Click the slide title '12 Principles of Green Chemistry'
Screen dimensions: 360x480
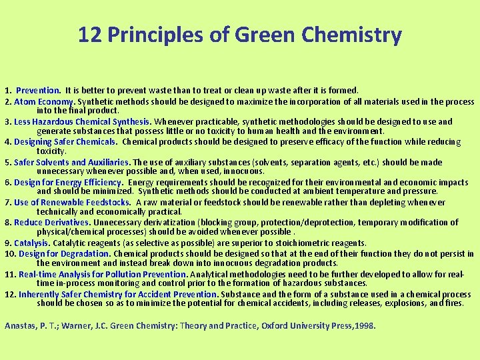click(240, 34)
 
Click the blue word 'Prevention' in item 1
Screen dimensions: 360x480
click(38, 90)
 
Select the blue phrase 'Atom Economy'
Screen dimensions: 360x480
click(44, 101)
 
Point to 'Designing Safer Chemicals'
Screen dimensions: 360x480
click(65, 142)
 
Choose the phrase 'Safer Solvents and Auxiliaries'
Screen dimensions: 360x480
click(71, 162)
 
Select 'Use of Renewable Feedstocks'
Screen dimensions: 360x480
click(71, 202)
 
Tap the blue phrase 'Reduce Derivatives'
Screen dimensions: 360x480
click(51, 223)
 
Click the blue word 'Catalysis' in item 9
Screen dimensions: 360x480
click(31, 243)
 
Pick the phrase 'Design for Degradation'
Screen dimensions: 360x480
click(63, 253)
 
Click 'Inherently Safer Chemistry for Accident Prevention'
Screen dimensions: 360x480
click(117, 294)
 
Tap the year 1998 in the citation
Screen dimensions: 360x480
click(365, 326)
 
